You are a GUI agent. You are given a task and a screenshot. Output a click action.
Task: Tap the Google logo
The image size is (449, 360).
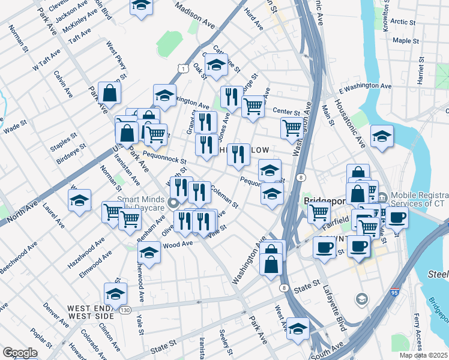(20, 352)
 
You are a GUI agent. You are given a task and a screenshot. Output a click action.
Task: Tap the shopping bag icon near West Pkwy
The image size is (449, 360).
(110, 93)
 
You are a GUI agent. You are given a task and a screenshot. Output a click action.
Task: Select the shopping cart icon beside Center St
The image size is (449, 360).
(253, 106)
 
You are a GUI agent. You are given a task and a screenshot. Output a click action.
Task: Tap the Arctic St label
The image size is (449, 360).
(402, 22)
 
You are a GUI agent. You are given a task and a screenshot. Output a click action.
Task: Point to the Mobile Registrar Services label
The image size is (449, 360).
(420, 200)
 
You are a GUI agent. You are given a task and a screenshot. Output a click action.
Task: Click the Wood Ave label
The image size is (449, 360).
(178, 244)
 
